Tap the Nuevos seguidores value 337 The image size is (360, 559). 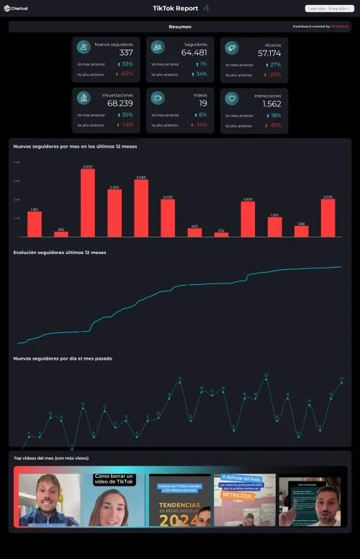(x=126, y=53)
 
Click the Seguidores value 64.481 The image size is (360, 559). (x=194, y=53)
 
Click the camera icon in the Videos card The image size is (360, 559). (x=158, y=99)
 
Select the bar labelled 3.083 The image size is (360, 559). (x=141, y=208)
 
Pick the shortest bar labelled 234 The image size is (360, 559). (x=221, y=234)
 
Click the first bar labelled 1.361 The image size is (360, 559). (x=35, y=224)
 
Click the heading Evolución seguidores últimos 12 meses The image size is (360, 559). (x=60, y=253)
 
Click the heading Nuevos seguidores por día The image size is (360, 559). (x=63, y=358)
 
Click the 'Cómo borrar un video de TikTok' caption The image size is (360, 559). (x=114, y=480)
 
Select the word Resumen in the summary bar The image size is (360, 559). (x=180, y=27)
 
